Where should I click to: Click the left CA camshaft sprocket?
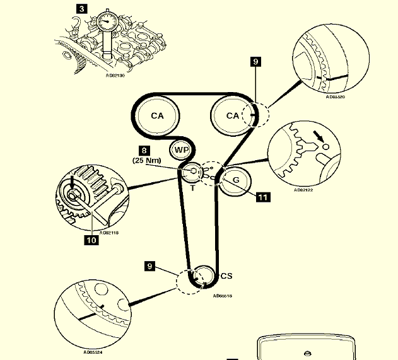point(156,116)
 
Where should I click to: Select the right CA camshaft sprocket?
point(233,115)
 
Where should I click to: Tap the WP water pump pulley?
point(181,151)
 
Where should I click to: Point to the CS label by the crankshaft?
point(226,276)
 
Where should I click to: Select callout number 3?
point(82,9)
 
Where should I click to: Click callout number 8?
point(145,151)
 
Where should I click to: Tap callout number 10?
point(91,240)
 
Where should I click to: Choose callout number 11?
point(262,197)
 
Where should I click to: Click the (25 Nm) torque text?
point(147,161)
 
